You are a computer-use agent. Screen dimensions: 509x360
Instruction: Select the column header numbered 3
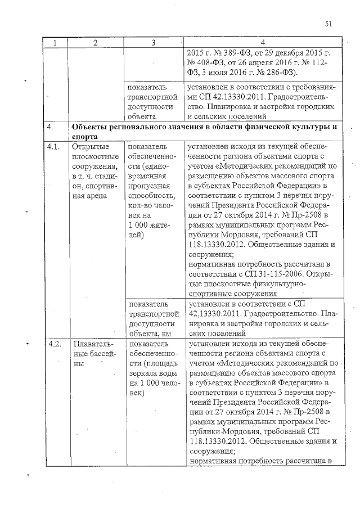153,43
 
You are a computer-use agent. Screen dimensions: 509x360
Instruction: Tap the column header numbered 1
55,43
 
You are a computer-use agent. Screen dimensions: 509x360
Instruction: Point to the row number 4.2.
55,343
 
